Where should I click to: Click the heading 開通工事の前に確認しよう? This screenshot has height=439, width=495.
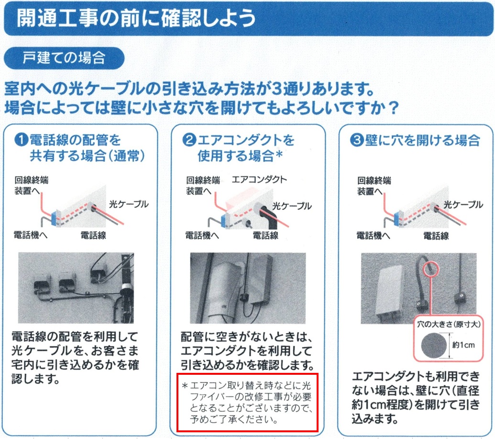click(136, 18)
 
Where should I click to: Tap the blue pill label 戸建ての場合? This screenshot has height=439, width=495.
click(64, 58)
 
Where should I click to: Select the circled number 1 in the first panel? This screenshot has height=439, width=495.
click(22, 139)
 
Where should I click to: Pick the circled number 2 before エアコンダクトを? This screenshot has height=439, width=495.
click(189, 139)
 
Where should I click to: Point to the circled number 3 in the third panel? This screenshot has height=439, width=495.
click(357, 139)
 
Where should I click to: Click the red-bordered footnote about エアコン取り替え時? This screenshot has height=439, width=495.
click(248, 402)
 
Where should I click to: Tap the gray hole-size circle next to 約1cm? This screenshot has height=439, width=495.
click(434, 346)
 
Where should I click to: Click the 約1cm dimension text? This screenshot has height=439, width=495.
click(463, 345)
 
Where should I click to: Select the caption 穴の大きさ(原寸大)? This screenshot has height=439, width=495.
click(449, 324)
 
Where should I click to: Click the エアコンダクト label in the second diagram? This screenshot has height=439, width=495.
click(259, 180)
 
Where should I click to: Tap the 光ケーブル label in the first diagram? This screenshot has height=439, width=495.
click(129, 204)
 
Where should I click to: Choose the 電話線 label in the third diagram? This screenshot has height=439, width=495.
click(436, 236)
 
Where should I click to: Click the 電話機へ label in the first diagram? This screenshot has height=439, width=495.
click(30, 235)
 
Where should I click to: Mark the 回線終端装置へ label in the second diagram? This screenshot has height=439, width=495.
click(203, 185)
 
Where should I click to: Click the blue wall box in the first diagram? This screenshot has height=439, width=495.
click(55, 218)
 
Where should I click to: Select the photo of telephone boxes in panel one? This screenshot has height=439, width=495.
click(76, 288)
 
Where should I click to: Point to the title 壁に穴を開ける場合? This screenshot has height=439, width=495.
click(422, 140)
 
